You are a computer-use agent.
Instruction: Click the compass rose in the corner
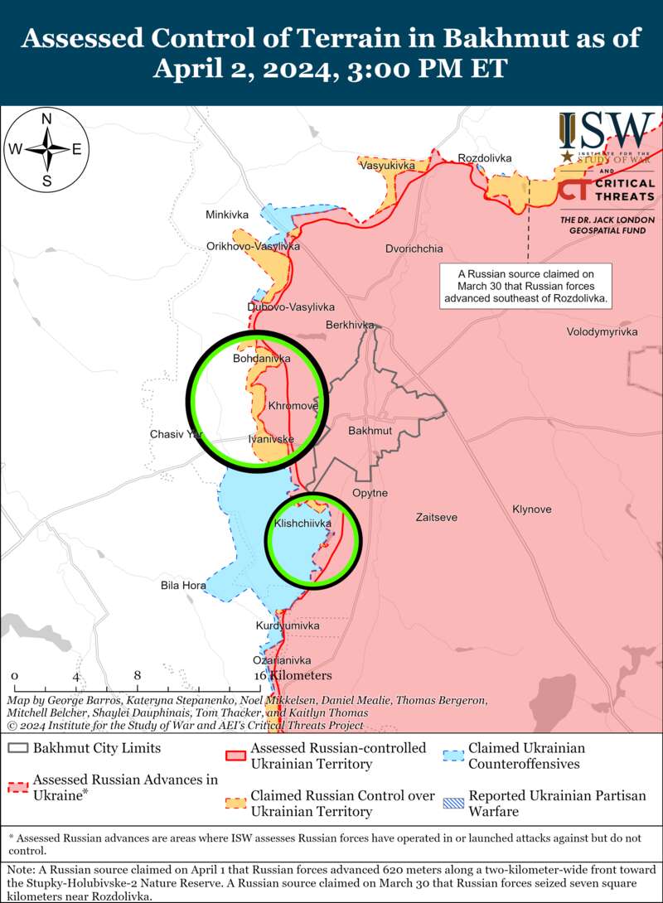47,150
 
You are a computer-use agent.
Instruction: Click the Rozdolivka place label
485,158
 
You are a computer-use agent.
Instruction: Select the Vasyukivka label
386,167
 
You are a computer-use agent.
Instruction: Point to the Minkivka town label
227,215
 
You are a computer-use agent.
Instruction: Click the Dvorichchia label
414,249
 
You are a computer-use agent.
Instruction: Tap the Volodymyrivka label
602,331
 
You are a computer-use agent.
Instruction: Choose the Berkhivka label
350,325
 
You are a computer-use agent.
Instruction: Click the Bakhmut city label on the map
370,432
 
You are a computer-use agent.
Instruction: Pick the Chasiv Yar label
175,434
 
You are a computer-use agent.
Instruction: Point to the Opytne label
370,493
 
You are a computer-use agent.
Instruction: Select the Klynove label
531,509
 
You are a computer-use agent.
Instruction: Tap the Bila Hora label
183,586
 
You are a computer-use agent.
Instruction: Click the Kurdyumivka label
287,625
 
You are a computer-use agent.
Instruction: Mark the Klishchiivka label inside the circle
302,524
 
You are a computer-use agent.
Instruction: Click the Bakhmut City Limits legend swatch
17,748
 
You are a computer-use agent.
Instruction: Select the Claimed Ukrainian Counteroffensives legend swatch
452,748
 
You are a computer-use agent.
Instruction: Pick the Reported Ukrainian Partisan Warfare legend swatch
452,797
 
